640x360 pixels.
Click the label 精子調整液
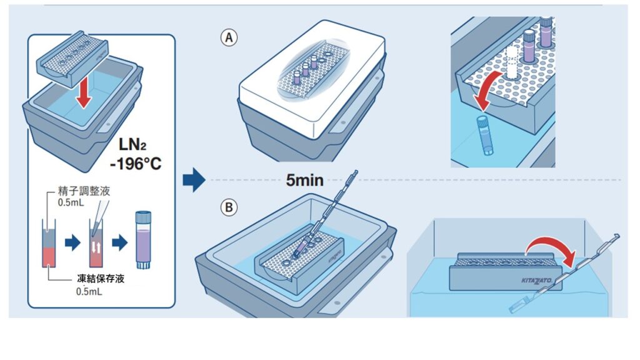(83, 191)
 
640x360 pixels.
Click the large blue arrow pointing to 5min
(194, 180)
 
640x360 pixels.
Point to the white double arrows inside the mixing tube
(97, 248)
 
